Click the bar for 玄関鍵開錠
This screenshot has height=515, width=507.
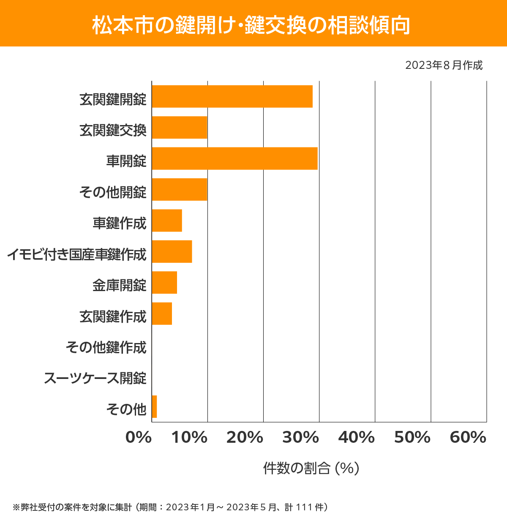pyautogui.click(x=232, y=96)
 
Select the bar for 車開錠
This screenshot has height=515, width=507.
pyautogui.click(x=234, y=158)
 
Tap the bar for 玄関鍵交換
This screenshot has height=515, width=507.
pyautogui.click(x=180, y=128)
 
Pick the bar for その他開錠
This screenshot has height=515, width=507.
pyautogui.click(x=180, y=189)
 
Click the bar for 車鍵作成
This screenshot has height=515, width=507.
pyautogui.click(x=167, y=221)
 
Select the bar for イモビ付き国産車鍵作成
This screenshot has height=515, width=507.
pyautogui.click(x=172, y=251)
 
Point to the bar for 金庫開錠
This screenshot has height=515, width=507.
pyautogui.click(x=164, y=282)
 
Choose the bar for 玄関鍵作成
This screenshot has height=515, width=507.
pyautogui.click(x=162, y=313)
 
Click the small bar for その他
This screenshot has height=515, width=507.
pyautogui.click(x=154, y=406)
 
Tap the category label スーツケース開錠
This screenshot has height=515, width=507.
pyautogui.click(x=95, y=378)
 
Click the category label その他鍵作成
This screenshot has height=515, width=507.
pyautogui.click(x=106, y=347)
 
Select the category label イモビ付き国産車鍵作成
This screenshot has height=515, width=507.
pyautogui.click(x=76, y=254)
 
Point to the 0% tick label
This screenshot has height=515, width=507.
pyautogui.click(x=139, y=438)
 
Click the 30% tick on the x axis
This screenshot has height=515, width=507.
pyautogui.click(x=300, y=438)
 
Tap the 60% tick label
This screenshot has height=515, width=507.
pyautogui.click(x=468, y=438)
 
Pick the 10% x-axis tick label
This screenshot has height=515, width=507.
pyautogui.click(x=189, y=438)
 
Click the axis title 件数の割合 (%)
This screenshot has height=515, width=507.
pyautogui.click(x=311, y=468)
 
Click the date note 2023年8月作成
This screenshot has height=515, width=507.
pyautogui.click(x=444, y=65)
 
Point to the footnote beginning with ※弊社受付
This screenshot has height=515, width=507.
pyautogui.click(x=170, y=507)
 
